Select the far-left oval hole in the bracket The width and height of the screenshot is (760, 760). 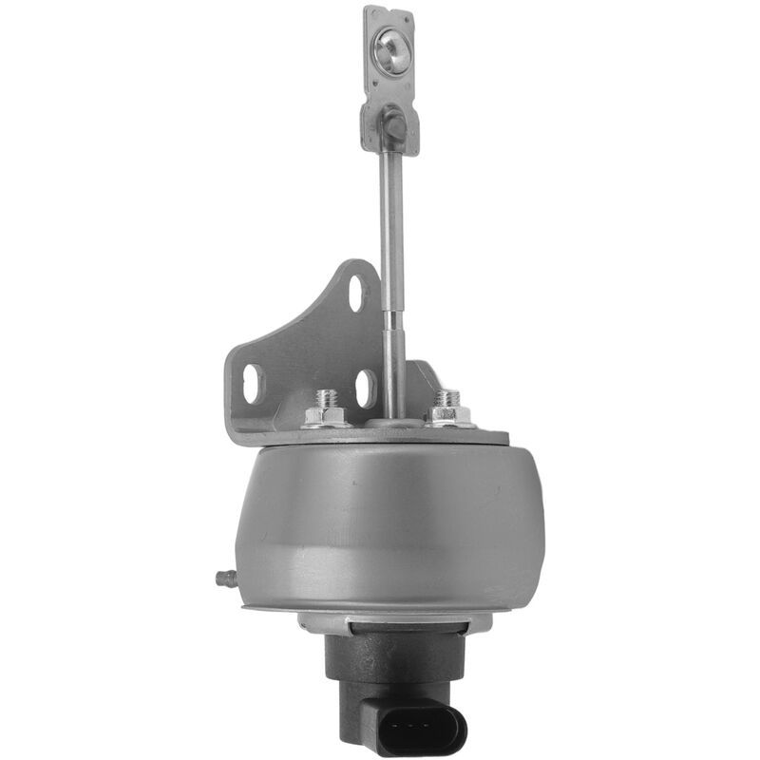tap(252, 383)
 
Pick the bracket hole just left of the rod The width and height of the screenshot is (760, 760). tap(365, 388)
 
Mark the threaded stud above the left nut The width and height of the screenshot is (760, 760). tap(325, 397)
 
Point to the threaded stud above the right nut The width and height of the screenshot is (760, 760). tap(447, 396)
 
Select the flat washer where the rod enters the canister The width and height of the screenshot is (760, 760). tap(392, 424)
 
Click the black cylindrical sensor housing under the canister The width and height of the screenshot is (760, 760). tap(380, 665)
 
